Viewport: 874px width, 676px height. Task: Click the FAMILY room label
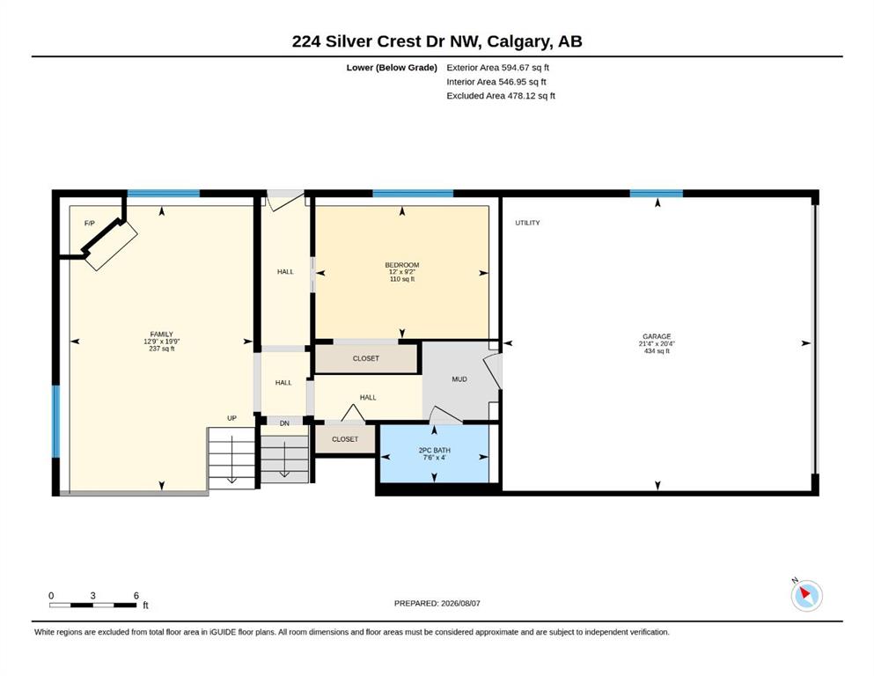(162, 334)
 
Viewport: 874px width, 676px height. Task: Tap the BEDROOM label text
(402, 265)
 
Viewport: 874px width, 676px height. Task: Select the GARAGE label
(657, 336)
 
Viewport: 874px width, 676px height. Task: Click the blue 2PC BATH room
(434, 453)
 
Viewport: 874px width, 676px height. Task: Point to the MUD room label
(459, 379)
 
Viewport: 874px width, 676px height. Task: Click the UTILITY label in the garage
(527, 223)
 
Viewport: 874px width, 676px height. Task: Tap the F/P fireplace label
(89, 224)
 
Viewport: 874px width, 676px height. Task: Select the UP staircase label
(231, 418)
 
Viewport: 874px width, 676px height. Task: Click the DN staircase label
(284, 423)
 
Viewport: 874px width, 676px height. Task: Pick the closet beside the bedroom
(365, 358)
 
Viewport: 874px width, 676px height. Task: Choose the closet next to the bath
(345, 439)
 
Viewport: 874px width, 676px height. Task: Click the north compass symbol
(806, 594)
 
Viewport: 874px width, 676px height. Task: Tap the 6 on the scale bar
(136, 596)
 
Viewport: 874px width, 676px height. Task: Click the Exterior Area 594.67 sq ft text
(498, 68)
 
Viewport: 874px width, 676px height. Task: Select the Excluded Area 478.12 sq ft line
(501, 96)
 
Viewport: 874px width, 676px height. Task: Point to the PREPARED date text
(437, 603)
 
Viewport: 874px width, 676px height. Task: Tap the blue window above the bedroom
(413, 194)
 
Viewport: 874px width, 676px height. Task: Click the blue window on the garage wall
(656, 194)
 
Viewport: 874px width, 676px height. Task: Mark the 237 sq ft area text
(162, 349)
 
